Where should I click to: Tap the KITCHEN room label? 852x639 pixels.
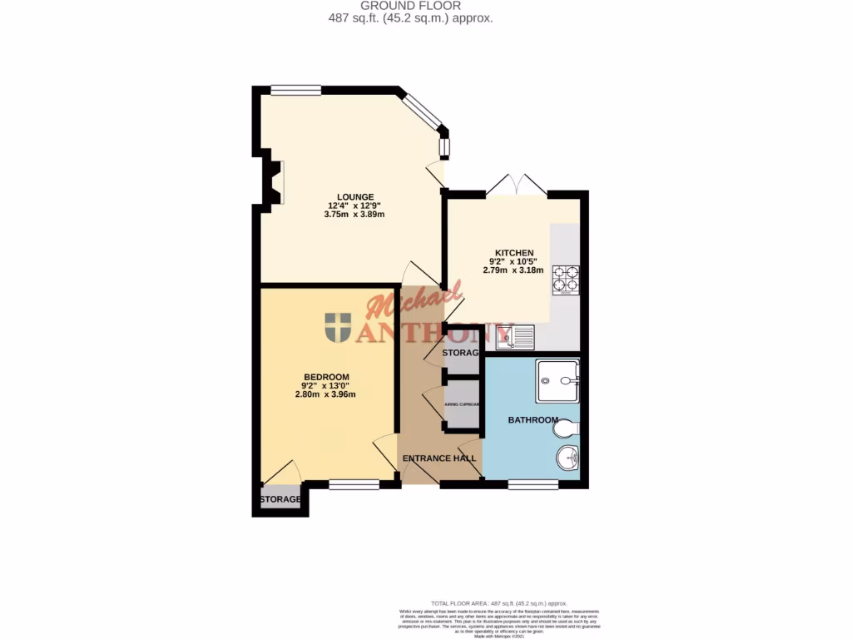[514, 253]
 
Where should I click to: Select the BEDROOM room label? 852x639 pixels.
[325, 377]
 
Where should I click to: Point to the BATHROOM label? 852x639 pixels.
[532, 420]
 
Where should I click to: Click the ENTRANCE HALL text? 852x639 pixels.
[439, 458]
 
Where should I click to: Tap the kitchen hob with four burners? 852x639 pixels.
[565, 280]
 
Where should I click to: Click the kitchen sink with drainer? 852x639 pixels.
[516, 336]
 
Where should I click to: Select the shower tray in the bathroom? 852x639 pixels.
[557, 381]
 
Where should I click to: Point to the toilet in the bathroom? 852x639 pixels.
[567, 428]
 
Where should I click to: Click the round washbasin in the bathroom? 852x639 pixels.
[567, 457]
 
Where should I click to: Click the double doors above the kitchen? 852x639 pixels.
[517, 186]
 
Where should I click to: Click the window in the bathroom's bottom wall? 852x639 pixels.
[532, 484]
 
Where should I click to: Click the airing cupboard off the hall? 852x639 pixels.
[461, 405]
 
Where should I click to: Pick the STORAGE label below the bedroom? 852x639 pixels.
[280, 499]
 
